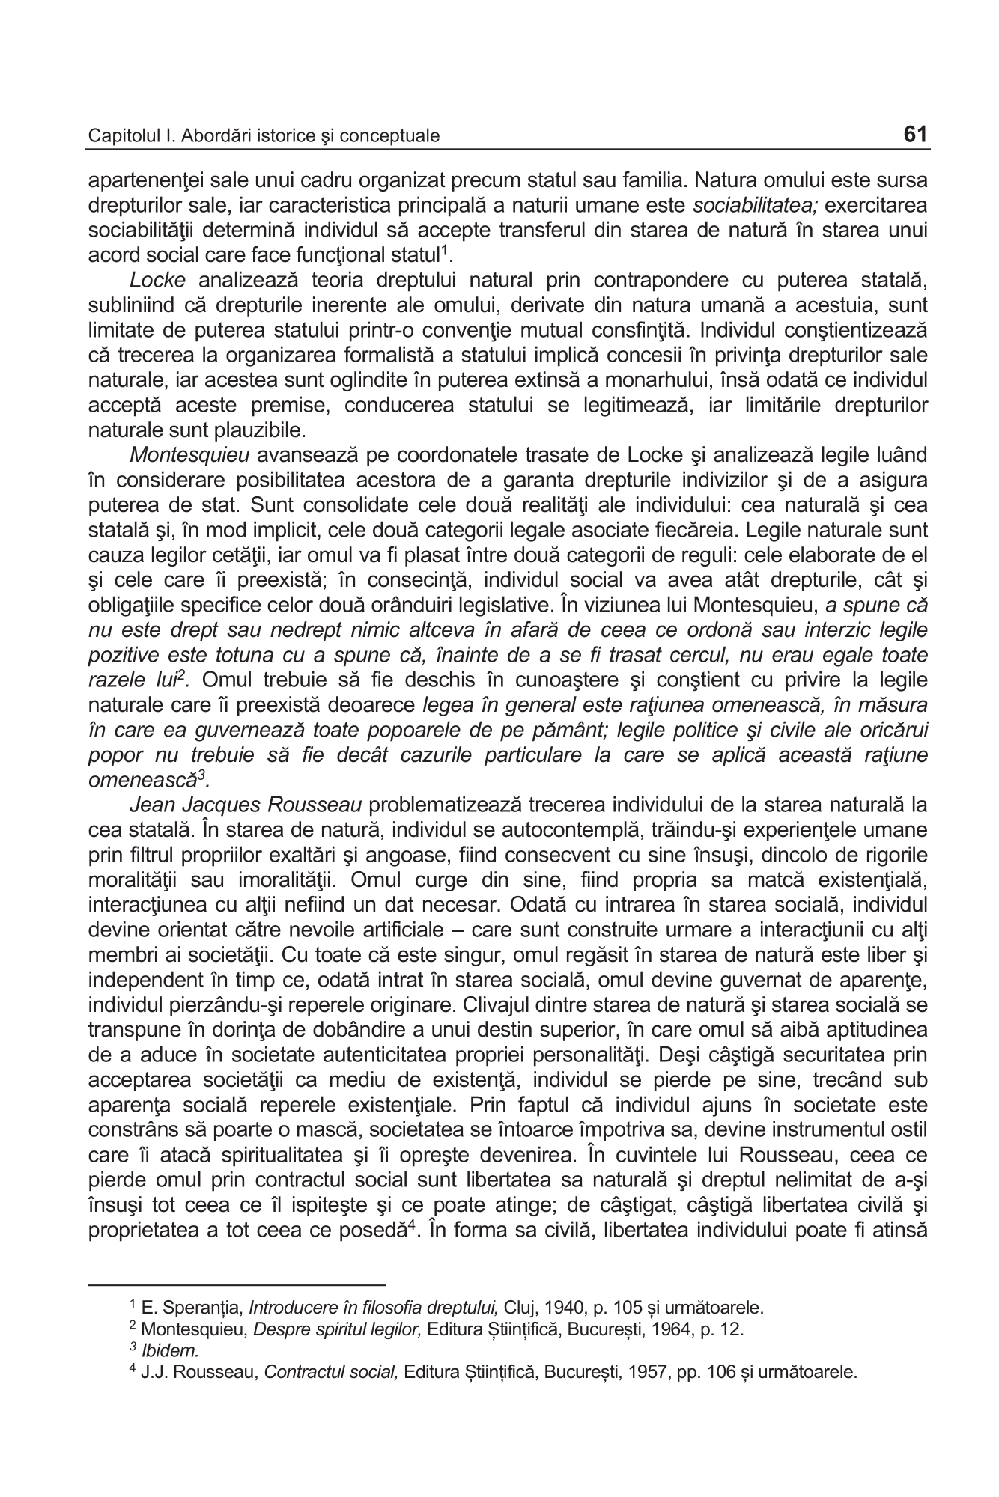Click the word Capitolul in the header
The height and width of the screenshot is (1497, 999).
(117, 136)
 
